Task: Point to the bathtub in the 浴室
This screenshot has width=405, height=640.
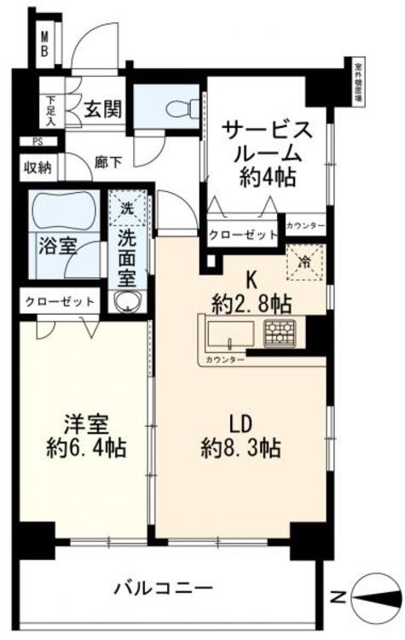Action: [x=64, y=212]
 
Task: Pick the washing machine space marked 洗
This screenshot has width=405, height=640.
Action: [x=126, y=207]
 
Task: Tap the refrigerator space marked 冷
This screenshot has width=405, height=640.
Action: [x=305, y=263]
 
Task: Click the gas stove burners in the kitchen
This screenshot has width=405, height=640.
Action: [x=278, y=333]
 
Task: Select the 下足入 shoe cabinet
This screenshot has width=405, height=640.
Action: [x=49, y=109]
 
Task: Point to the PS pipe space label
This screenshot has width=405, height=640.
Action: [x=37, y=142]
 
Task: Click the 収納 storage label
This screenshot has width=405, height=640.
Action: [x=38, y=166]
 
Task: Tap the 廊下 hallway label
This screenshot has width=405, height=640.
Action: [x=108, y=160]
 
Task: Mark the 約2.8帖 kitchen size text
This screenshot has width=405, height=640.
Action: [x=253, y=301]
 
